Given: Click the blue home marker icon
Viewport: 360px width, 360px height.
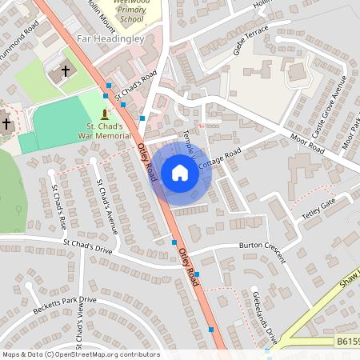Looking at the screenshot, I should point(180,173).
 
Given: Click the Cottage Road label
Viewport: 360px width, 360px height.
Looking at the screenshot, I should point(218,158).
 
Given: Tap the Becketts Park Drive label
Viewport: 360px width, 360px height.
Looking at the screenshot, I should point(64,305).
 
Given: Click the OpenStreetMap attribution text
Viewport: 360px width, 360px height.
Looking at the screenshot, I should point(81,354).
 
